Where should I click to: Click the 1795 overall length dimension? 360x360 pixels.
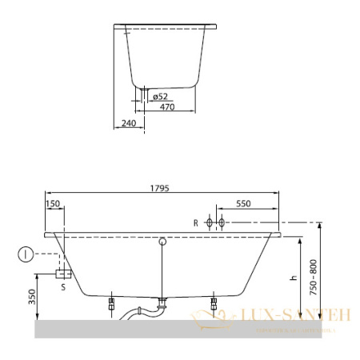click(163, 188)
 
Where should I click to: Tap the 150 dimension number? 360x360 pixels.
click(54, 204)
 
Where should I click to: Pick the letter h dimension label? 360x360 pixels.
click(294, 277)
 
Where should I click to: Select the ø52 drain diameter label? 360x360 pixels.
click(159, 94)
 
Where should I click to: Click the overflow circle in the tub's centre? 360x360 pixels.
click(162, 240)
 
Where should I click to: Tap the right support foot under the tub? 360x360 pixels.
click(214, 304)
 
